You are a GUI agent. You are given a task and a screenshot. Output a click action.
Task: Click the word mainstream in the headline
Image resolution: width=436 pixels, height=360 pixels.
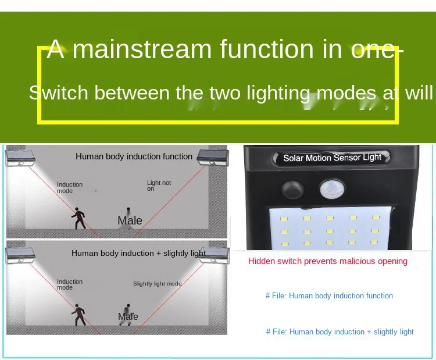click(142, 49)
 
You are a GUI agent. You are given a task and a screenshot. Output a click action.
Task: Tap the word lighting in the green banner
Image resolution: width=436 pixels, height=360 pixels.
click(278, 93)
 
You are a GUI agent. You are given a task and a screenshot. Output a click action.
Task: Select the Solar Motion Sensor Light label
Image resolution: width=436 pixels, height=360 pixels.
click(332, 158)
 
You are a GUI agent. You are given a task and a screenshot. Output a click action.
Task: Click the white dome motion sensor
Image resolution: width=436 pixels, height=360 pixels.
click(333, 188)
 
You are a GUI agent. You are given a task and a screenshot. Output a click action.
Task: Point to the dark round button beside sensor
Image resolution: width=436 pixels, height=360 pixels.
click(292, 189)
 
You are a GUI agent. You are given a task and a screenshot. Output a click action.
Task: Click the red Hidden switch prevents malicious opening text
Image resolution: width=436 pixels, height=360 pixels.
click(328, 261)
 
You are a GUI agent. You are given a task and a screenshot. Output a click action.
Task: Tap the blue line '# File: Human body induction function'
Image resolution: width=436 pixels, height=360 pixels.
click(329, 295)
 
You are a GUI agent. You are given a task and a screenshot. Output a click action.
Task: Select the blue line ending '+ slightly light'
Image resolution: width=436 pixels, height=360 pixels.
click(340, 332)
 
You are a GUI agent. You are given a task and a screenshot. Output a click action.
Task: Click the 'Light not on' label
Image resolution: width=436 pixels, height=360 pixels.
click(159, 186)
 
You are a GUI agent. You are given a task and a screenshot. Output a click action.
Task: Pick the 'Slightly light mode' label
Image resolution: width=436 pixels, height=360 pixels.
click(157, 283)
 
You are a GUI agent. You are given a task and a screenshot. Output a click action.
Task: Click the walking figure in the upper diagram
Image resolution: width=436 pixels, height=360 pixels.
click(78, 218)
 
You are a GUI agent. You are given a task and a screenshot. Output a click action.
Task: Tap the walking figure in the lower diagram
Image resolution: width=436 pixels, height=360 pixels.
click(78, 315)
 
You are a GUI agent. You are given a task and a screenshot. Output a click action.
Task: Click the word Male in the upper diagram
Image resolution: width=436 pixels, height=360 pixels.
click(130, 220)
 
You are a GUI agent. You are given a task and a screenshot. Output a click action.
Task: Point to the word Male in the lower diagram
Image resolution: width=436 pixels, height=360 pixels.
click(128, 316)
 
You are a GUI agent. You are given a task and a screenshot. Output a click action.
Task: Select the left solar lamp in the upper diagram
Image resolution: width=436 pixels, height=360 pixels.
click(20, 158)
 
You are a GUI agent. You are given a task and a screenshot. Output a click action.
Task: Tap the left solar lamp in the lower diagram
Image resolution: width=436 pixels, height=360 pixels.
click(20, 255)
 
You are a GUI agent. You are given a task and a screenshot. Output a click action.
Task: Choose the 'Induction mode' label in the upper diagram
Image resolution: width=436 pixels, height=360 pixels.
click(70, 188)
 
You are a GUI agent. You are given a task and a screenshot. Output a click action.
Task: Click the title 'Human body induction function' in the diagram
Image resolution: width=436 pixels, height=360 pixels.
click(134, 156)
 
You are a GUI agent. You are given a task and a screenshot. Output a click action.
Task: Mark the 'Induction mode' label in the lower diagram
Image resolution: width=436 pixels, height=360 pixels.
click(70, 284)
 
